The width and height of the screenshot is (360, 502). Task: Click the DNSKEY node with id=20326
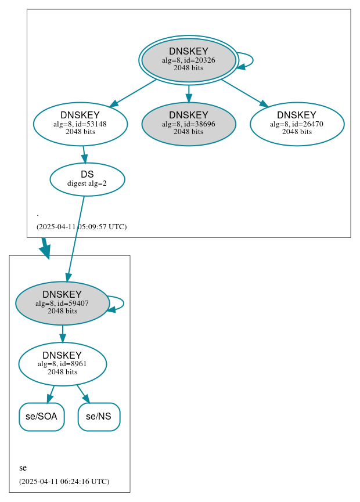pos(189,60)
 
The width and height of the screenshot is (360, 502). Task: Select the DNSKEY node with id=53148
pos(80,124)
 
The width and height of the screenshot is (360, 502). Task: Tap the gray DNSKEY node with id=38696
pos(189,124)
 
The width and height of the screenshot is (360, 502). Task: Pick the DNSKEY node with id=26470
pos(297,124)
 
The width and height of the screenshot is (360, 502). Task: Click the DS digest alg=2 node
pos(87,179)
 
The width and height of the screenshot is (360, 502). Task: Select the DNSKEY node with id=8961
pos(62,364)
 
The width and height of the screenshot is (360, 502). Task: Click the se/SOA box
pos(42,417)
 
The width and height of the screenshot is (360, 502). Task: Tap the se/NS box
pos(99,417)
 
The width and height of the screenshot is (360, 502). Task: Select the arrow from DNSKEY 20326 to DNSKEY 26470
pos(244,92)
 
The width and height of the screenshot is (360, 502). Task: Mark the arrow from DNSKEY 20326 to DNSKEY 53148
pos(134,92)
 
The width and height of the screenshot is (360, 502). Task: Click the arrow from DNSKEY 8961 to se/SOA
pos(51,393)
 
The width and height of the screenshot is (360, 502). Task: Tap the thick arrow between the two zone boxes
pos(45,248)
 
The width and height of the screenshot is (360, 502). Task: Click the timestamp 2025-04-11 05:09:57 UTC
pos(81,226)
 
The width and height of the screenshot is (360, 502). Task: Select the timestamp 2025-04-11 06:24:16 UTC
pos(64,481)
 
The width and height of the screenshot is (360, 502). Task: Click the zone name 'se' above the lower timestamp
pos(23,468)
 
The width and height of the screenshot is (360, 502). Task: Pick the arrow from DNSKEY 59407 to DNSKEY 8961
pos(62,334)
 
